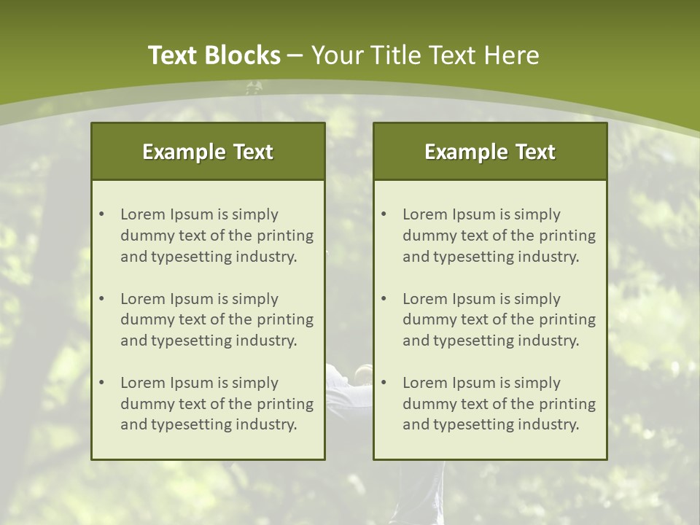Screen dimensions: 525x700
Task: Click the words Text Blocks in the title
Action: coord(214,55)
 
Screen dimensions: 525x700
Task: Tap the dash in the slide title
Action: coord(295,56)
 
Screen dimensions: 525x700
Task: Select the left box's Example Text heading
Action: coord(208,152)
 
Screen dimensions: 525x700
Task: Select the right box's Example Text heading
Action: coord(490,152)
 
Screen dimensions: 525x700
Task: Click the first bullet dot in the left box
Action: coord(101,214)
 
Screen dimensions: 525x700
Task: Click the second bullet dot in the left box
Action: coord(101,299)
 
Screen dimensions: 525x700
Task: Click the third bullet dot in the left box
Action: coord(101,383)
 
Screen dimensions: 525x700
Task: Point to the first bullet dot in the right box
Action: coord(384,214)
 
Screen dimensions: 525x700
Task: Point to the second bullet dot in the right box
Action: coord(384,299)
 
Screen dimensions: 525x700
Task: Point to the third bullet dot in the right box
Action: coord(384,383)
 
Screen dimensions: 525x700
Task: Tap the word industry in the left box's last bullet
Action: coord(269,425)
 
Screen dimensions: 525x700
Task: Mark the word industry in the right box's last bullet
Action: coord(551,425)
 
